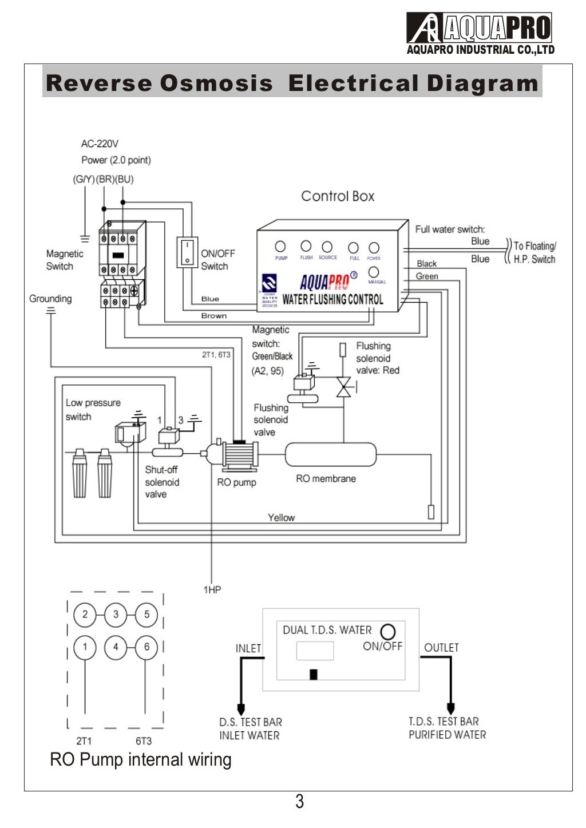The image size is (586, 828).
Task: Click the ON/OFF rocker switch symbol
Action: [x=187, y=252]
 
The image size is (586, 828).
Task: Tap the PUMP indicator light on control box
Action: [x=280, y=247]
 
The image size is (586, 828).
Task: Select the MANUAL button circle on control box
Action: [x=374, y=272]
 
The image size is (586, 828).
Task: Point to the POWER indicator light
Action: [x=374, y=247]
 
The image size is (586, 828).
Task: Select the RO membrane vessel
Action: [x=330, y=455]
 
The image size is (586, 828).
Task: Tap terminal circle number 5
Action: [x=146, y=615]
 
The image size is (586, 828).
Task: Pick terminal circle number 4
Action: [x=116, y=647]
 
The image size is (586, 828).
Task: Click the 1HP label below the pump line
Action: [x=212, y=589]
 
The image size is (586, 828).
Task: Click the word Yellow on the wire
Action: [x=281, y=517]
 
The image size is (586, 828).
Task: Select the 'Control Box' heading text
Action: [x=338, y=196]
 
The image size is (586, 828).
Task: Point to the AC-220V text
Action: [x=100, y=144]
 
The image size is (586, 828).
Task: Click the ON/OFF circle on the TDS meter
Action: [x=388, y=632]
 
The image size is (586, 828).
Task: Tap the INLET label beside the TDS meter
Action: [x=248, y=648]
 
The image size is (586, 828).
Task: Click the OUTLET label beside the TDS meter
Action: [x=441, y=648]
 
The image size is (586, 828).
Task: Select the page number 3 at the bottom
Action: [x=299, y=802]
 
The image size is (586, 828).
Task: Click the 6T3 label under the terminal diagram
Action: [x=144, y=741]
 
